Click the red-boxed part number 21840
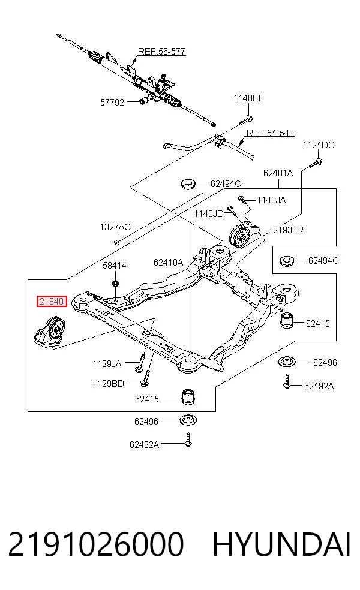[52, 302]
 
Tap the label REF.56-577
[161, 52]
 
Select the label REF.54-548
[270, 133]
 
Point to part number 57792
[112, 103]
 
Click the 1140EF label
[248, 98]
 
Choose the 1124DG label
[319, 145]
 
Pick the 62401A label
[278, 173]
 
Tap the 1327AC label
[115, 227]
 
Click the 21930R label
[287, 230]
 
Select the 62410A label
[168, 262]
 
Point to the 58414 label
[115, 266]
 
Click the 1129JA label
[107, 364]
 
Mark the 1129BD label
[108, 384]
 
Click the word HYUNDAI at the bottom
[281, 544]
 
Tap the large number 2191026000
[96, 544]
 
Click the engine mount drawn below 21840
[50, 332]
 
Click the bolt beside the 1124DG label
[316, 163]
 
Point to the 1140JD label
[209, 214]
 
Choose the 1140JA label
[271, 200]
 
